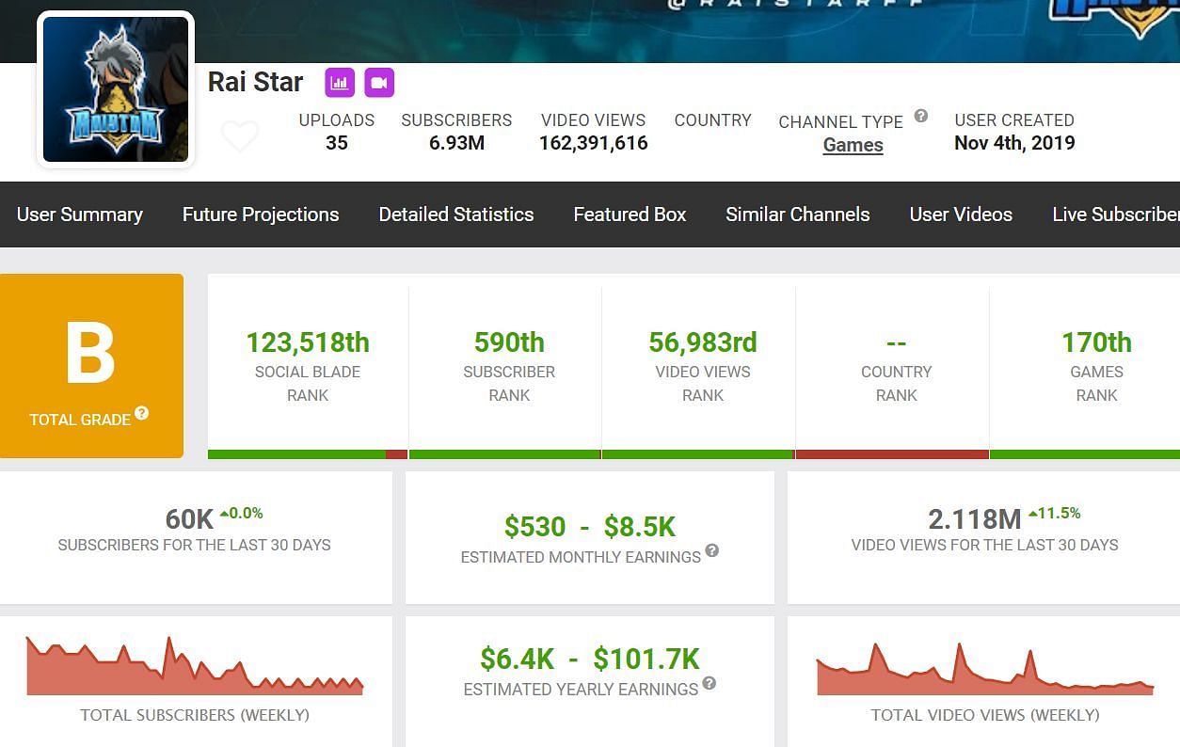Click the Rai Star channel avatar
[x=116, y=89]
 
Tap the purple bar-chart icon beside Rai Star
[x=340, y=83]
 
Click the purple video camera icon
[x=378, y=83]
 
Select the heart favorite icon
[x=240, y=136]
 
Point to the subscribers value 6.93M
[x=456, y=143]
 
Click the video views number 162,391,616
[x=593, y=143]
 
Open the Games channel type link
[x=853, y=145]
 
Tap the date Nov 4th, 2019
[x=1013, y=143]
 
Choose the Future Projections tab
[x=261, y=215]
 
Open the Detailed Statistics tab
[x=456, y=215]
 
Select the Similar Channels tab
[x=797, y=215]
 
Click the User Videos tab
[x=961, y=215]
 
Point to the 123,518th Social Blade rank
[x=308, y=342]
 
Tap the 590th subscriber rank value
[x=509, y=342]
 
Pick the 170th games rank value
[x=1096, y=342]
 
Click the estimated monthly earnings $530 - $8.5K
[x=590, y=527]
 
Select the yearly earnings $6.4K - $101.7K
[x=590, y=659]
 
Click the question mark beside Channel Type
[x=921, y=116]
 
